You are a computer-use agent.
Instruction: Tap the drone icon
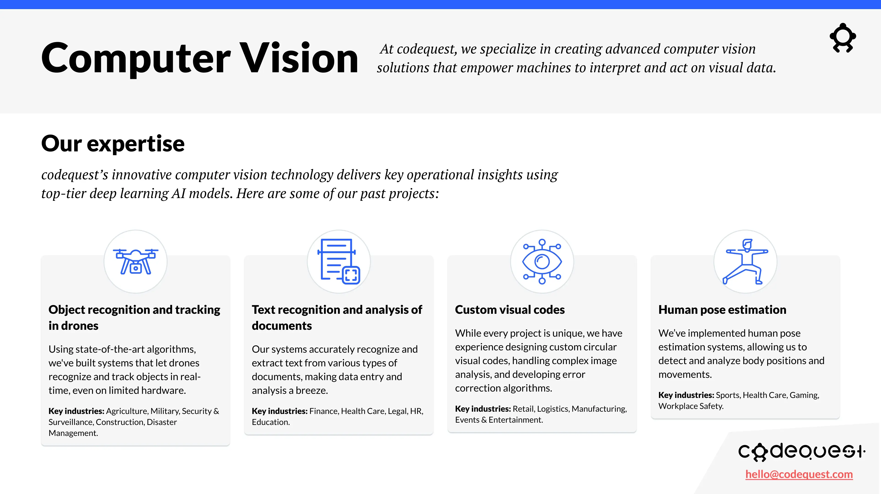(136, 262)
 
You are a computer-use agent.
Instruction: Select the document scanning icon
(339, 262)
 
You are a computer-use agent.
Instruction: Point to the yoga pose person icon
(745, 262)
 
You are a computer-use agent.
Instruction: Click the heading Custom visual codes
(510, 309)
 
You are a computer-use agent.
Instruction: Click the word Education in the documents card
(270, 422)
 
